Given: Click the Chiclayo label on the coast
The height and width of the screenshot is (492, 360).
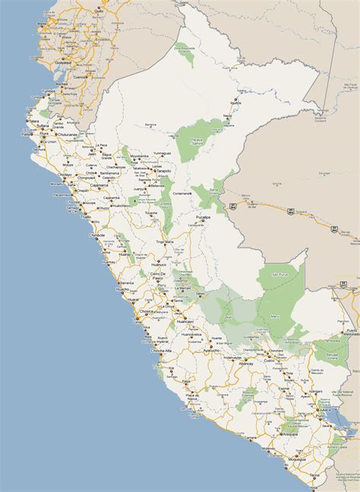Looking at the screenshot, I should (65, 175).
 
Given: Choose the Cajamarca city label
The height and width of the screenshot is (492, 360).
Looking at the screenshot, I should (99, 184).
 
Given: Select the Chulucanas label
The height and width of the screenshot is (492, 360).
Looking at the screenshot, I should (67, 134).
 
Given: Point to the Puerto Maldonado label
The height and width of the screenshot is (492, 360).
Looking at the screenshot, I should (350, 332).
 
